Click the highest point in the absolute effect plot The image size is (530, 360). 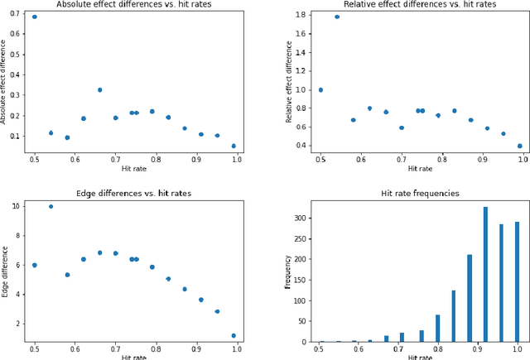click(x=34, y=17)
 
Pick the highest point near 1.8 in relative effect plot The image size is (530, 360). click(x=337, y=17)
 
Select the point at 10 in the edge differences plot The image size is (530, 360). click(x=51, y=206)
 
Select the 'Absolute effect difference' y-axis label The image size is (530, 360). click(x=4, y=81)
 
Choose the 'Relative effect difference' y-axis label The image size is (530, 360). click(x=289, y=81)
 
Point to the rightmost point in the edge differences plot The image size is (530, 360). click(x=234, y=335)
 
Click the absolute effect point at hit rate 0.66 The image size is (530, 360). click(x=99, y=89)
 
